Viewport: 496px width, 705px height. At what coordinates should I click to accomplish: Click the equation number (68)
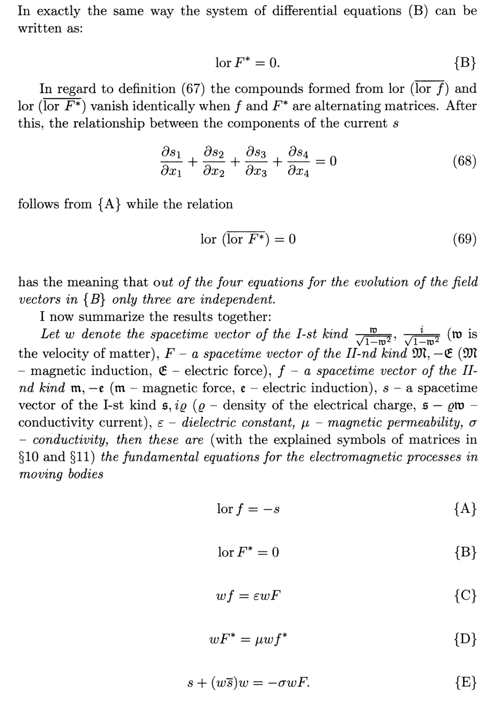point(464,161)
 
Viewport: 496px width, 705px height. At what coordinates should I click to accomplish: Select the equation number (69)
point(464,239)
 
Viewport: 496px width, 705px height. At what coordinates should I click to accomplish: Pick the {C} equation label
point(466,595)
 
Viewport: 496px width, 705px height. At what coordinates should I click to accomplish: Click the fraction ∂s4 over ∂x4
point(298,161)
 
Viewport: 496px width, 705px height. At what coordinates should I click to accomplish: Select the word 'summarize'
point(99,317)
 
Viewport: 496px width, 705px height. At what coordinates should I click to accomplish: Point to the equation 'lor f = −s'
point(248,508)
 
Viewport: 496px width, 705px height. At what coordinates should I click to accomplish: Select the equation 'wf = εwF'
point(248,596)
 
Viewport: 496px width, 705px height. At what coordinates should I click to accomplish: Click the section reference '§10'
point(31,457)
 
